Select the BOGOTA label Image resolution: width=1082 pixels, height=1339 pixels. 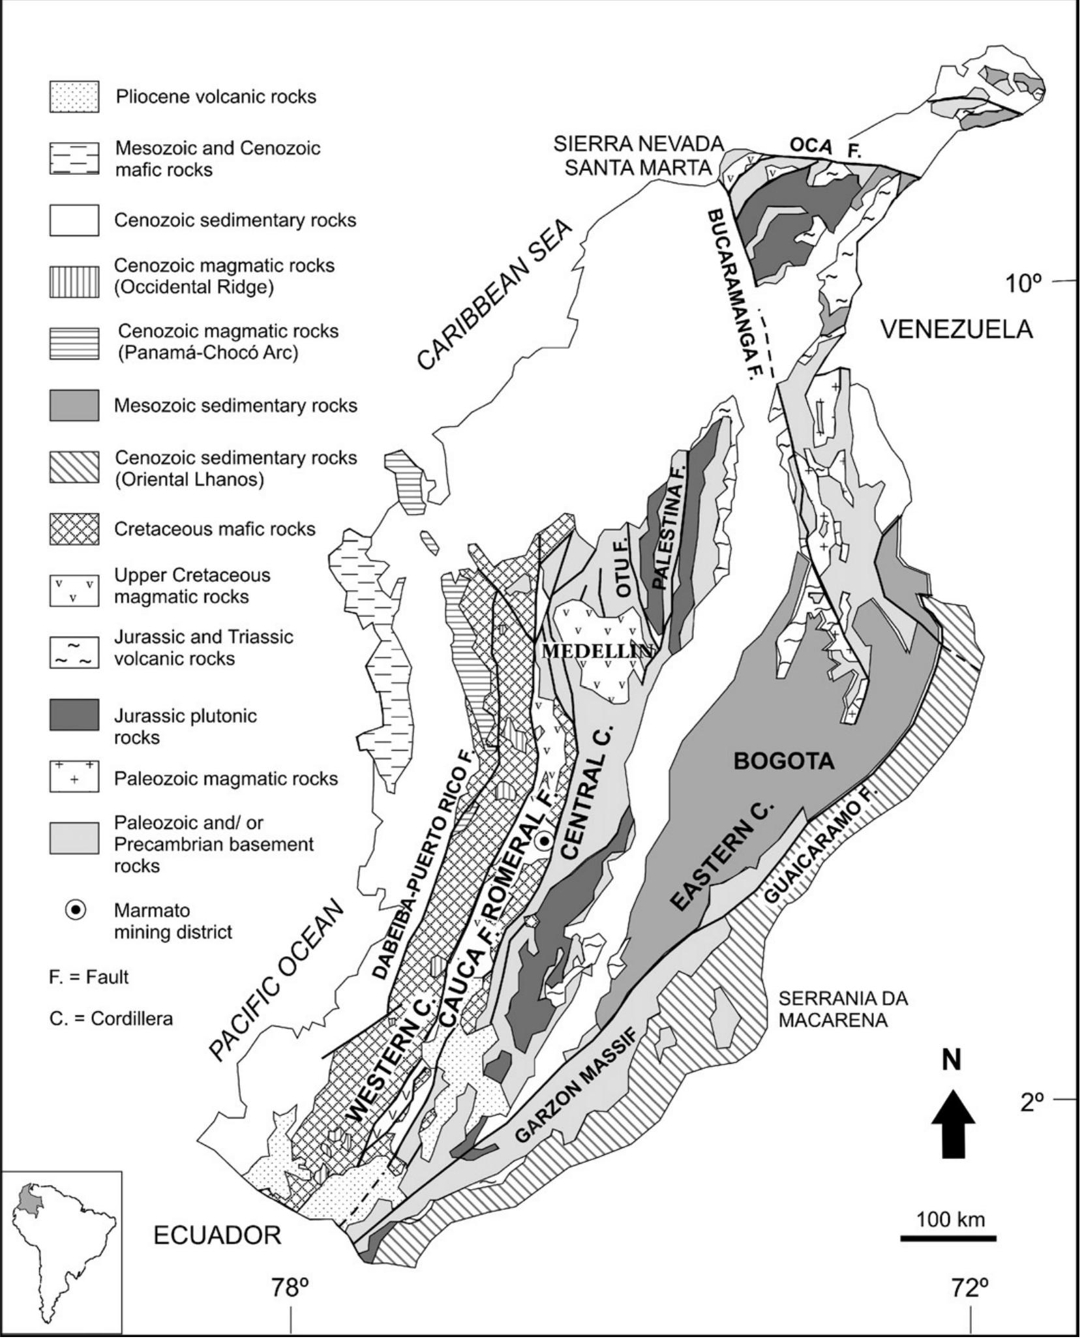click(x=784, y=761)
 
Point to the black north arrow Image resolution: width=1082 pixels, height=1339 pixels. click(x=953, y=1122)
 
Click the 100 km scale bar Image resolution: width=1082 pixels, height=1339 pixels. click(x=948, y=1237)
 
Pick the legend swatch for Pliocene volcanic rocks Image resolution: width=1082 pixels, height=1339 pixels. click(x=74, y=97)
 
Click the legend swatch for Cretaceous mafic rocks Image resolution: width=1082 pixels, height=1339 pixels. click(x=74, y=529)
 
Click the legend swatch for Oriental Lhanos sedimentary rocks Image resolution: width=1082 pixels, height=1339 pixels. click(x=74, y=467)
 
